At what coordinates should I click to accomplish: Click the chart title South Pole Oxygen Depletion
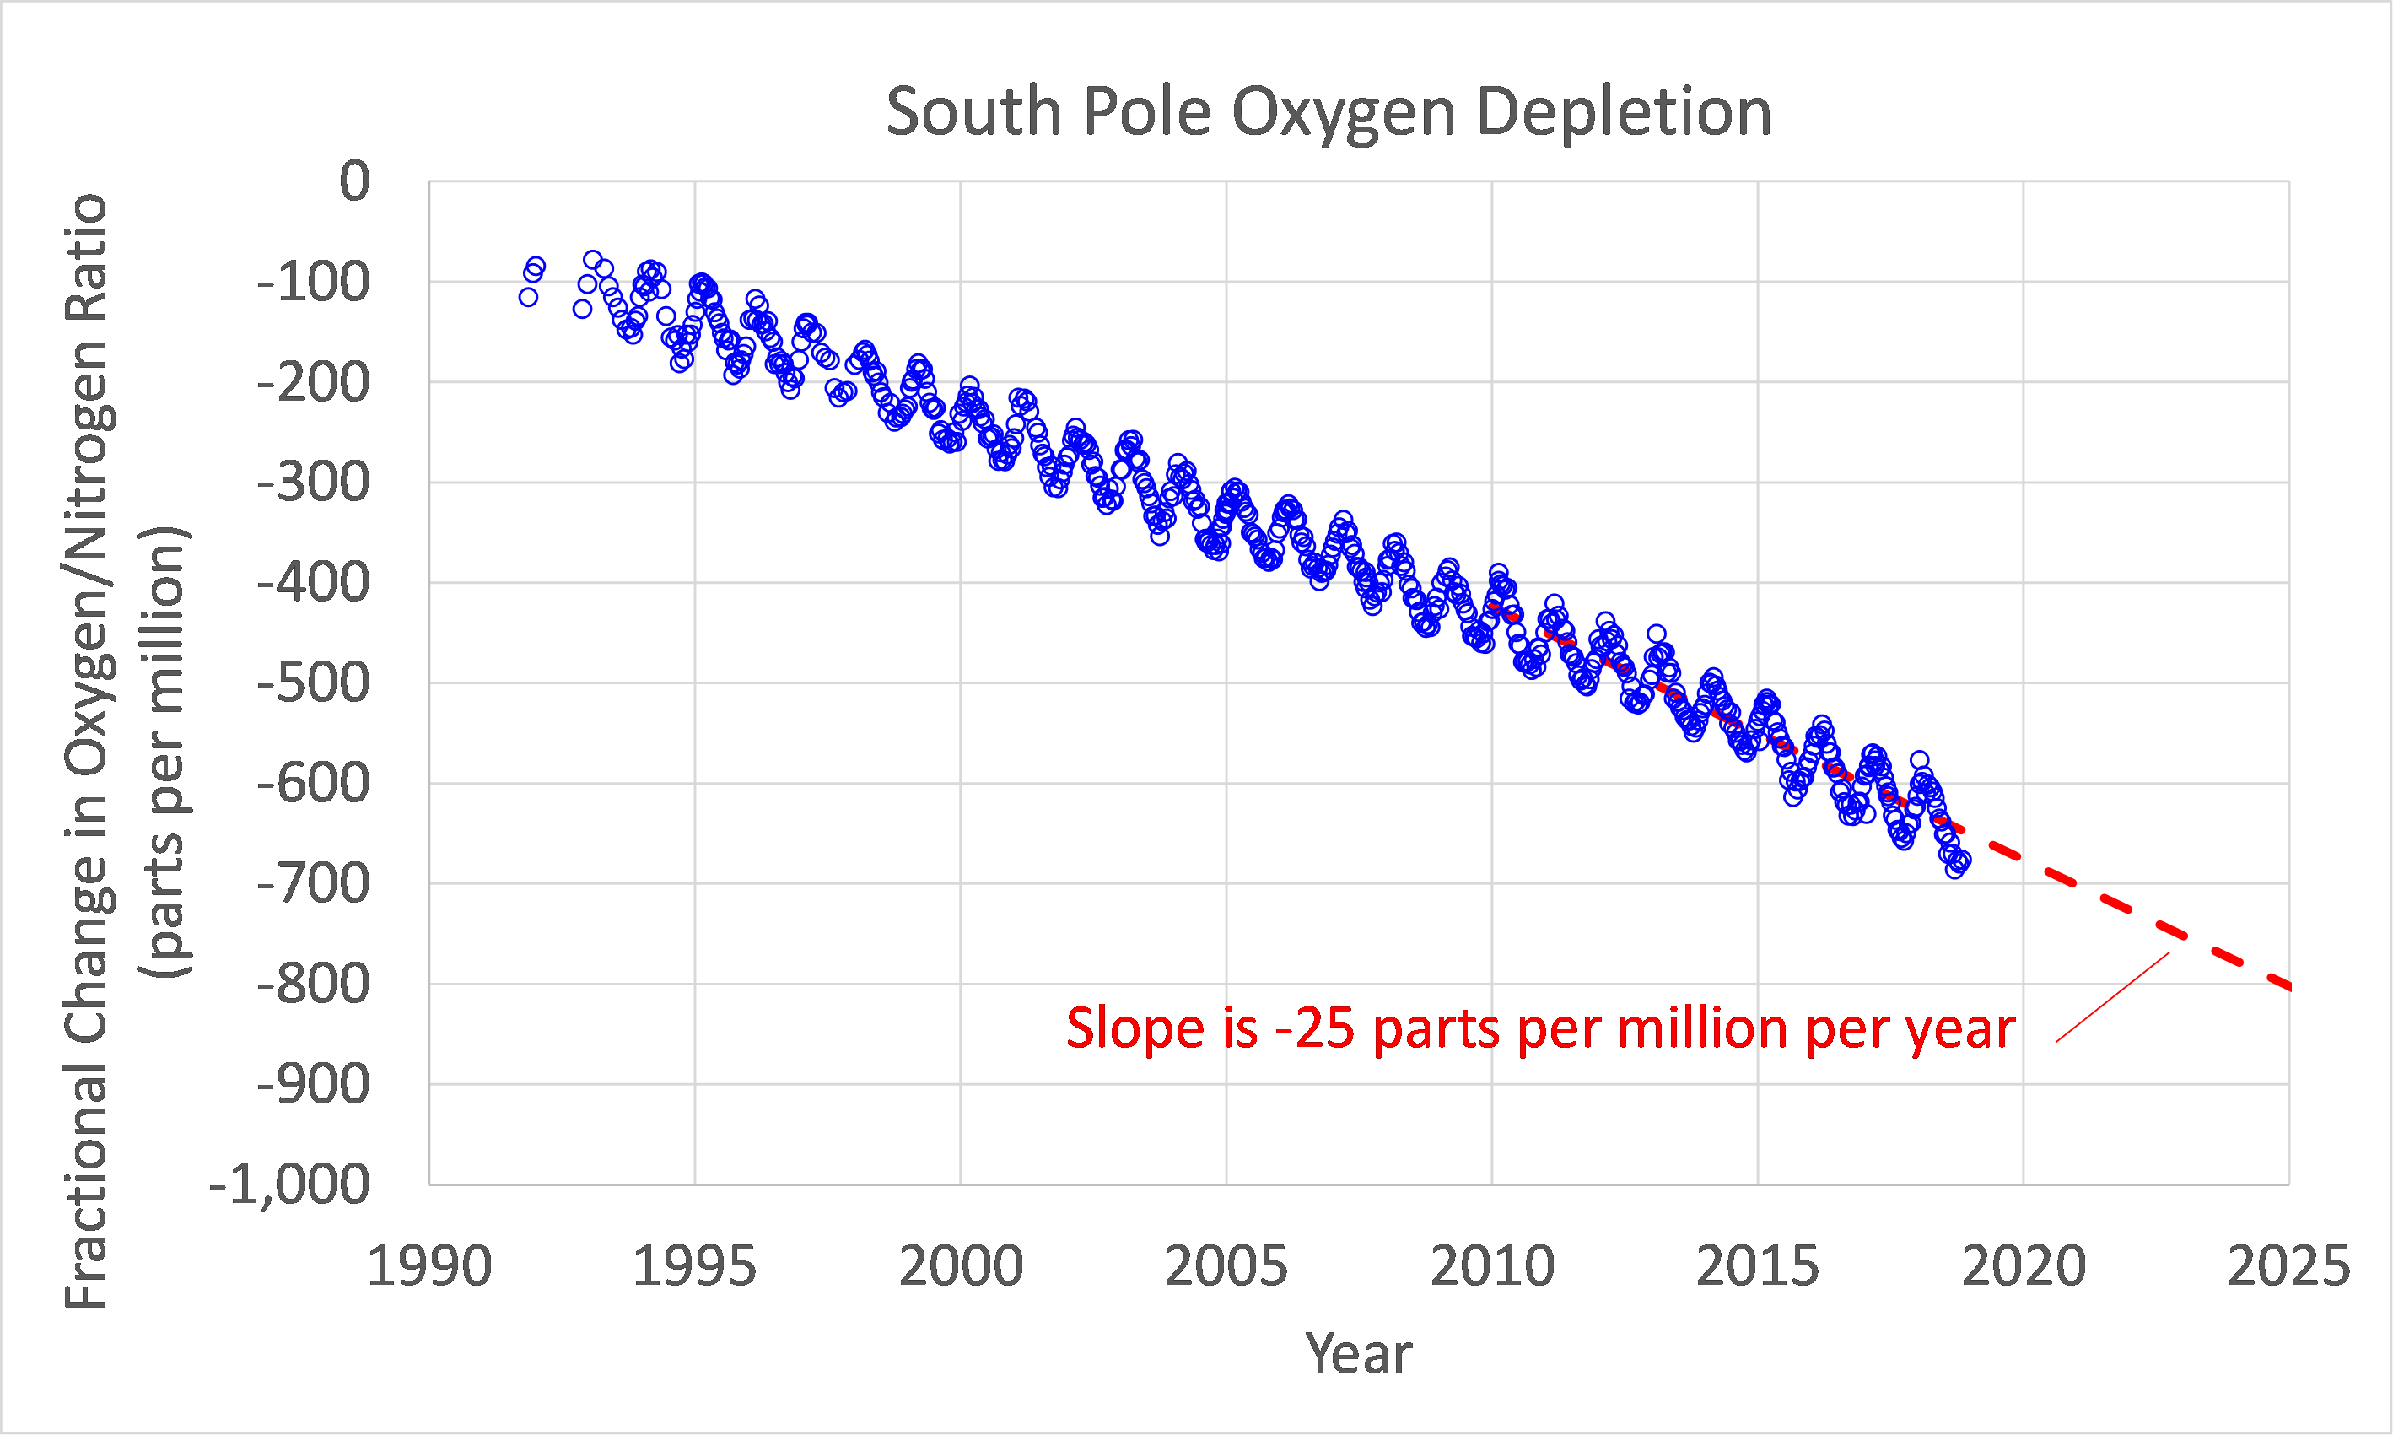(x=1328, y=112)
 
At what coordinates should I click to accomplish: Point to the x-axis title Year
(x=1357, y=1353)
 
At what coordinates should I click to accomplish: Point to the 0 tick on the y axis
(x=354, y=181)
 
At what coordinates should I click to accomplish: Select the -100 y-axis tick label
(x=313, y=283)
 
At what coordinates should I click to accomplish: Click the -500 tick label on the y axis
(x=313, y=683)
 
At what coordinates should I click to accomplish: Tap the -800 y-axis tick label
(x=313, y=985)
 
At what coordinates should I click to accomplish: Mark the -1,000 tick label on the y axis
(x=290, y=1184)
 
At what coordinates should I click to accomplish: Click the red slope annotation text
(x=1540, y=1028)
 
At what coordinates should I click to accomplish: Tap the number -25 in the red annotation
(x=1315, y=1028)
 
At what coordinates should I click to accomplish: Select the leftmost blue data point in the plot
(x=528, y=297)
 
